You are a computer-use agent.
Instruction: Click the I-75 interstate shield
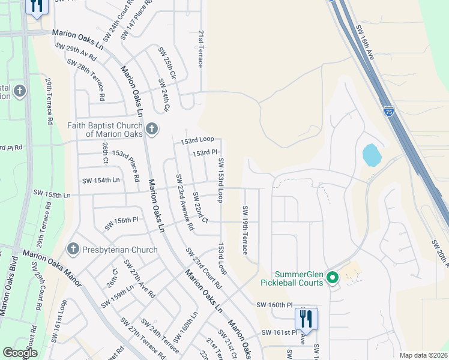[389, 111]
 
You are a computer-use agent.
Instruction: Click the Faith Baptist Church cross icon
[152, 128]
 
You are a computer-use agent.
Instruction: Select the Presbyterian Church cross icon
[73, 249]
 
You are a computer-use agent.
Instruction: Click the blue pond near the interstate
[372, 155]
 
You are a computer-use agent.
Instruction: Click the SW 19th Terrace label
[245, 230]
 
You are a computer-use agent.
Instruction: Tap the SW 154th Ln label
[101, 180]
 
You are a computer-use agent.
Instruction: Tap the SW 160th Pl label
[276, 305]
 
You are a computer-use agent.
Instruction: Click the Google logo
[20, 353]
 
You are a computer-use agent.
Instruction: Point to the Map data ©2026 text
[423, 355]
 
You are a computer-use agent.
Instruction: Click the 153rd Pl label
[204, 153]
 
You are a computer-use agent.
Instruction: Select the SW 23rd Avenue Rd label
[184, 202]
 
